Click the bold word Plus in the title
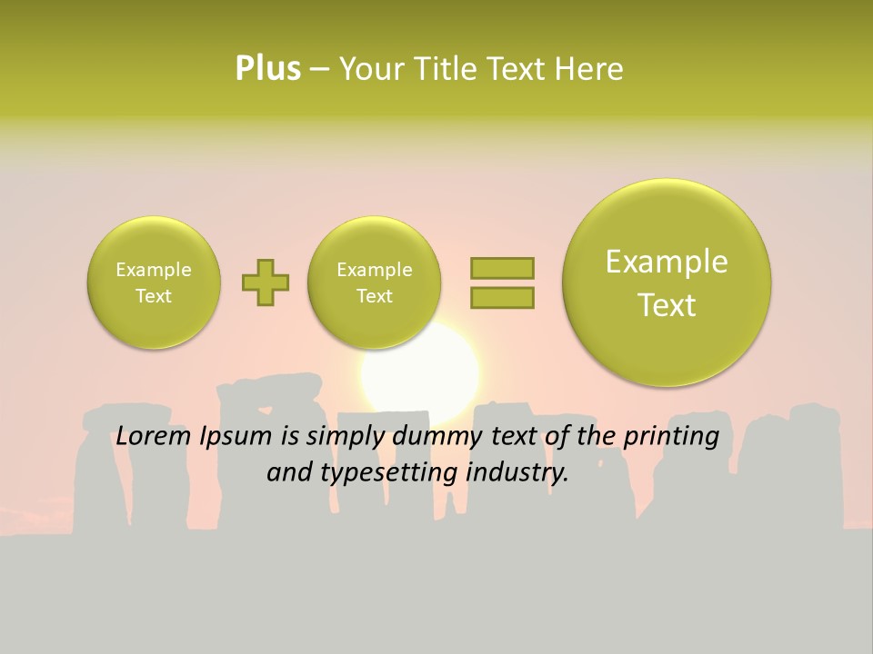pyautogui.click(x=267, y=69)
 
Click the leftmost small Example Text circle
pyautogui.click(x=154, y=282)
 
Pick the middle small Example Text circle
pyautogui.click(x=374, y=282)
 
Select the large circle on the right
pyautogui.click(x=667, y=282)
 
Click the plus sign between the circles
pyautogui.click(x=266, y=282)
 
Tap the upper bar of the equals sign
pyautogui.click(x=502, y=268)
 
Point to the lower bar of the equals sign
pyautogui.click(x=502, y=297)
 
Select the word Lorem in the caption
pyautogui.click(x=153, y=437)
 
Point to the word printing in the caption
pyautogui.click(x=670, y=437)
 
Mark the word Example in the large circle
pyautogui.click(x=667, y=262)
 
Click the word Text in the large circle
pyautogui.click(x=667, y=305)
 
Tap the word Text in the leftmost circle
pyautogui.click(x=154, y=296)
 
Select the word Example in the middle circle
pyautogui.click(x=374, y=270)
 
